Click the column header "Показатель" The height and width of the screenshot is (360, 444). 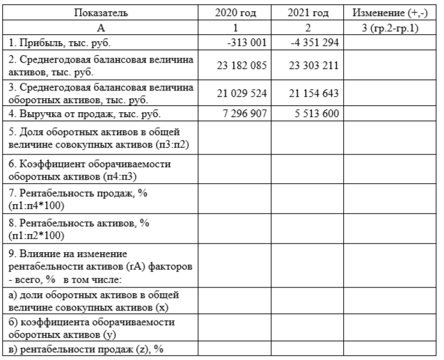(x=102, y=13)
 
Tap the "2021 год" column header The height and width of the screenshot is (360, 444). (x=308, y=13)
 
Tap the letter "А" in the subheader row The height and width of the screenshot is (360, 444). (x=102, y=28)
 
